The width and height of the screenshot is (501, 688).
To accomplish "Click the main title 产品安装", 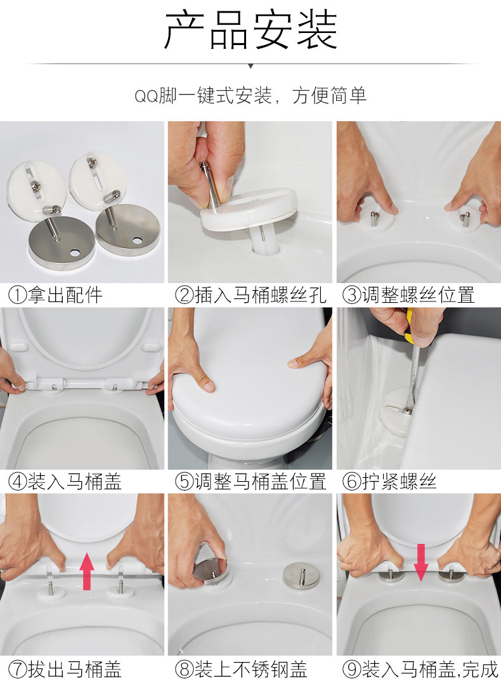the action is click(251, 30).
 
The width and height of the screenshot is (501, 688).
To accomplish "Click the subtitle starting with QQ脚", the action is click(251, 96).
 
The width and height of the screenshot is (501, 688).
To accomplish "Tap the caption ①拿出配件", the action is click(55, 295).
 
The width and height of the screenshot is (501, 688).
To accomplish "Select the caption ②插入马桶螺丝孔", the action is click(251, 295).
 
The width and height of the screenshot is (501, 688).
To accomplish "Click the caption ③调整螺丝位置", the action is click(408, 295).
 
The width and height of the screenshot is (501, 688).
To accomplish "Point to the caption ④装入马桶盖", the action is click(65, 482).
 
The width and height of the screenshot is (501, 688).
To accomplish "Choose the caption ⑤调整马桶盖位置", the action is click(251, 482).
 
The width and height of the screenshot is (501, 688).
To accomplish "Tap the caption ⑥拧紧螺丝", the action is click(389, 482).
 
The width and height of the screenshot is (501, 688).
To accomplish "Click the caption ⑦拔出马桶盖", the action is click(65, 670).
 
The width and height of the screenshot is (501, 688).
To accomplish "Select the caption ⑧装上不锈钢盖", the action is click(241, 670).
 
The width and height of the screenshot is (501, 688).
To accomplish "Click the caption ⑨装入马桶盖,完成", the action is click(420, 670).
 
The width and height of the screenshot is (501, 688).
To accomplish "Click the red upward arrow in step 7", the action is click(88, 571).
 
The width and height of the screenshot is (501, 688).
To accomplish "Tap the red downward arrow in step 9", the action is click(421, 563).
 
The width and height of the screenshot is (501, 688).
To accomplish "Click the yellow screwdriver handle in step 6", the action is click(409, 326).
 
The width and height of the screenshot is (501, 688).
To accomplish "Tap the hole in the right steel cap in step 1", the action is click(138, 241).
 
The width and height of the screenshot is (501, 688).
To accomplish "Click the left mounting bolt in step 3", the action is click(374, 218).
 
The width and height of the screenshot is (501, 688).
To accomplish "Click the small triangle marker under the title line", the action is click(251, 66).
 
